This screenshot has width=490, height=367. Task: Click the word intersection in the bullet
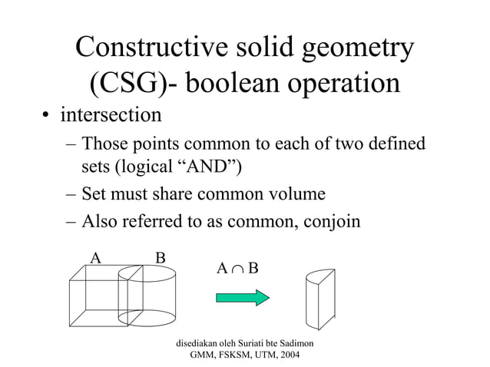point(111,117)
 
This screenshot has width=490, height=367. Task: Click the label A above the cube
point(96,257)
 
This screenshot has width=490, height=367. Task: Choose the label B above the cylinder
point(161,257)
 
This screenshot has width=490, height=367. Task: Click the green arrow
point(242,296)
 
